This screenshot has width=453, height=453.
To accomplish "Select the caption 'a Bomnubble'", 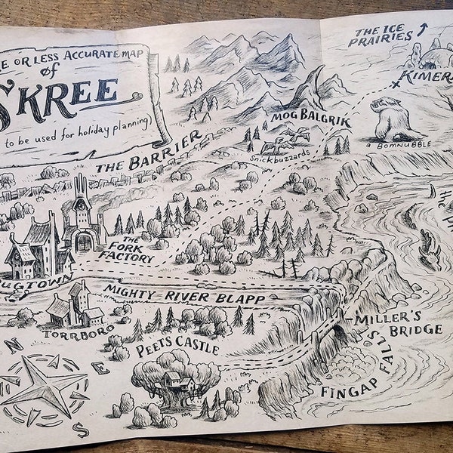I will pyautogui.click(x=390, y=144).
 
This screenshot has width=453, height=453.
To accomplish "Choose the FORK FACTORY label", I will pyautogui.click(x=130, y=251).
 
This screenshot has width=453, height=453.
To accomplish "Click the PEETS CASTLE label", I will pyautogui.click(x=177, y=350).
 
